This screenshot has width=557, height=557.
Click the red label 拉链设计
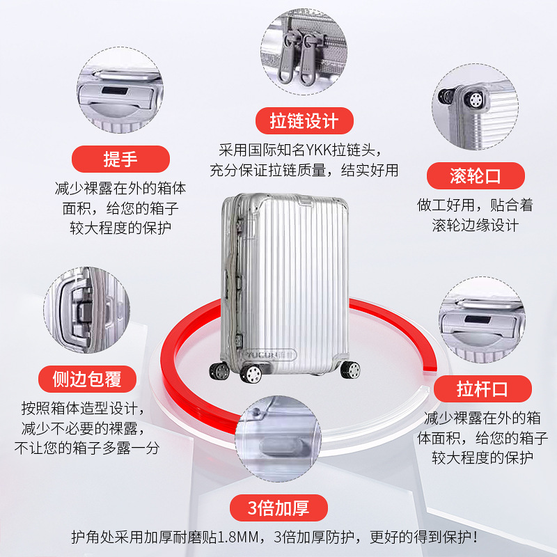tap(304, 120)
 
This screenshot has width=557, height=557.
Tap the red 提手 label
tap(120, 159)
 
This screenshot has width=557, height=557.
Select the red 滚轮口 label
tap(476, 176)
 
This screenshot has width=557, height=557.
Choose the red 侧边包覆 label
tap(87, 379)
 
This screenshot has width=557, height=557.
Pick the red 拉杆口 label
tap(483, 389)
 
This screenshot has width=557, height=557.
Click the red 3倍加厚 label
tap(278, 508)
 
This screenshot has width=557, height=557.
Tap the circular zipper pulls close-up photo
tap(304, 52)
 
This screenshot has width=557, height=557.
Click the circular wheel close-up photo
tap(475, 107)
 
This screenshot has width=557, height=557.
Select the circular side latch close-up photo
tap(86, 310)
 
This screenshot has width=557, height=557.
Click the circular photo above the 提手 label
tap(120, 90)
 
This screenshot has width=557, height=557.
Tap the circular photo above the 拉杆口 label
tap(482, 320)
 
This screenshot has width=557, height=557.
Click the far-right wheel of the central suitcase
tap(350, 370)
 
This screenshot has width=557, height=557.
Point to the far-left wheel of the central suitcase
tap(219, 372)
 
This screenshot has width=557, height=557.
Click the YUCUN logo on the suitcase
tap(271, 354)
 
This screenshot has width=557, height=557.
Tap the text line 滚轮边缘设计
tap(476, 225)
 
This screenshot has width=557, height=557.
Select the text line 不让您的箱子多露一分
tap(87, 448)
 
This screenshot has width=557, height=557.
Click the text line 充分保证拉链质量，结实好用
tap(304, 170)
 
